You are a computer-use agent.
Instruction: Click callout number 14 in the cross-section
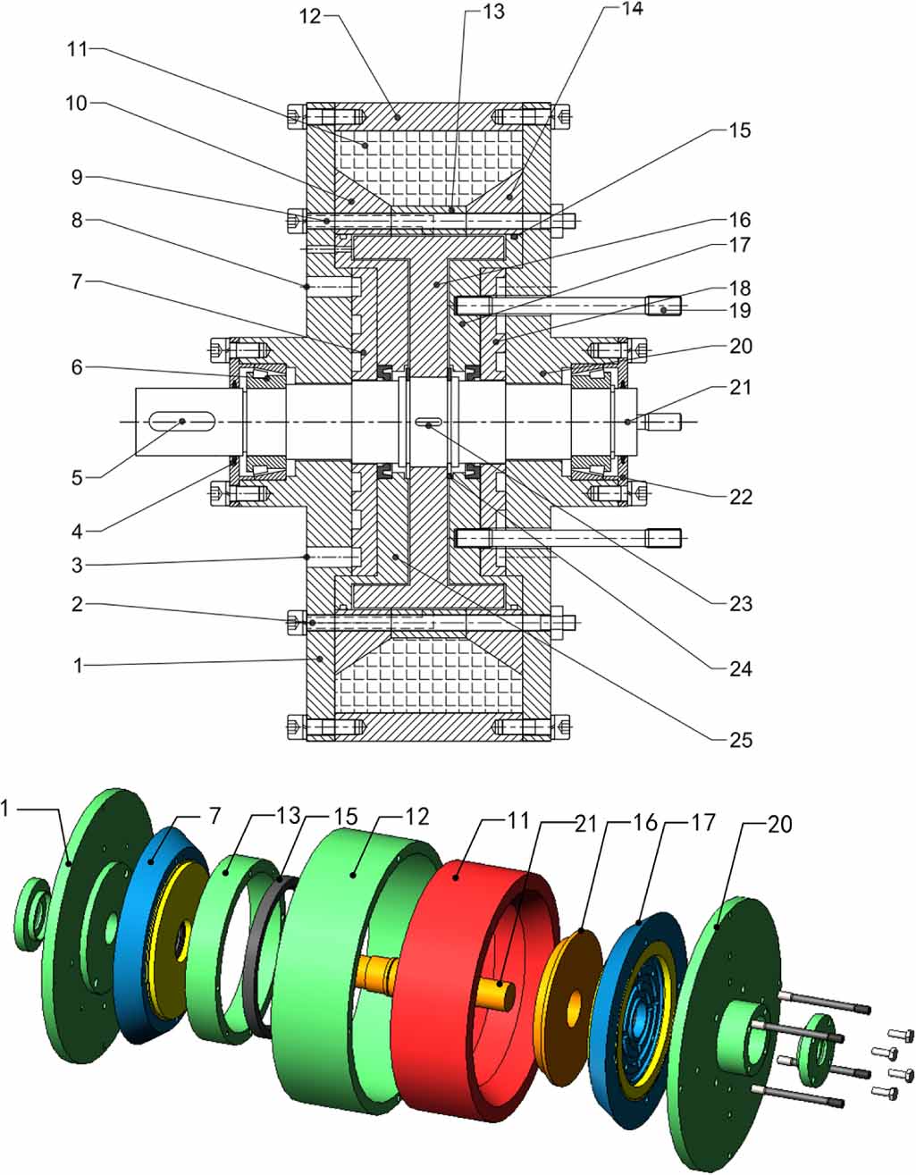click(632, 10)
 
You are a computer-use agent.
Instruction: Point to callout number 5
click(78, 478)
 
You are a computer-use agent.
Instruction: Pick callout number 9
click(78, 178)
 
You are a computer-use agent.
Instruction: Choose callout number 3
click(78, 565)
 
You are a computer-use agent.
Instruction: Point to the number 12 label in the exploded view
click(417, 817)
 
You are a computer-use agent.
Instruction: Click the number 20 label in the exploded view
click(780, 824)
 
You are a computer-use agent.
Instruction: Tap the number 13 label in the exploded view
click(288, 817)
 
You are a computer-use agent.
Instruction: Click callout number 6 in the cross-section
click(78, 366)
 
